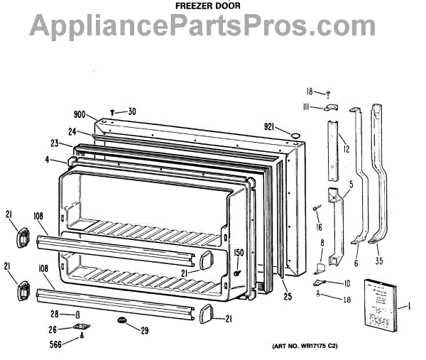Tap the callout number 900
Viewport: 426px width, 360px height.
(x=80, y=114)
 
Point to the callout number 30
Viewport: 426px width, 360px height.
(x=132, y=111)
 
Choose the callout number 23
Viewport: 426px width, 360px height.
(x=54, y=142)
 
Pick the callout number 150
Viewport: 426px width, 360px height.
(x=239, y=253)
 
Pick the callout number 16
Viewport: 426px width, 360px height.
(x=319, y=227)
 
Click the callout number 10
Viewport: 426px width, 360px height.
(x=346, y=283)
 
